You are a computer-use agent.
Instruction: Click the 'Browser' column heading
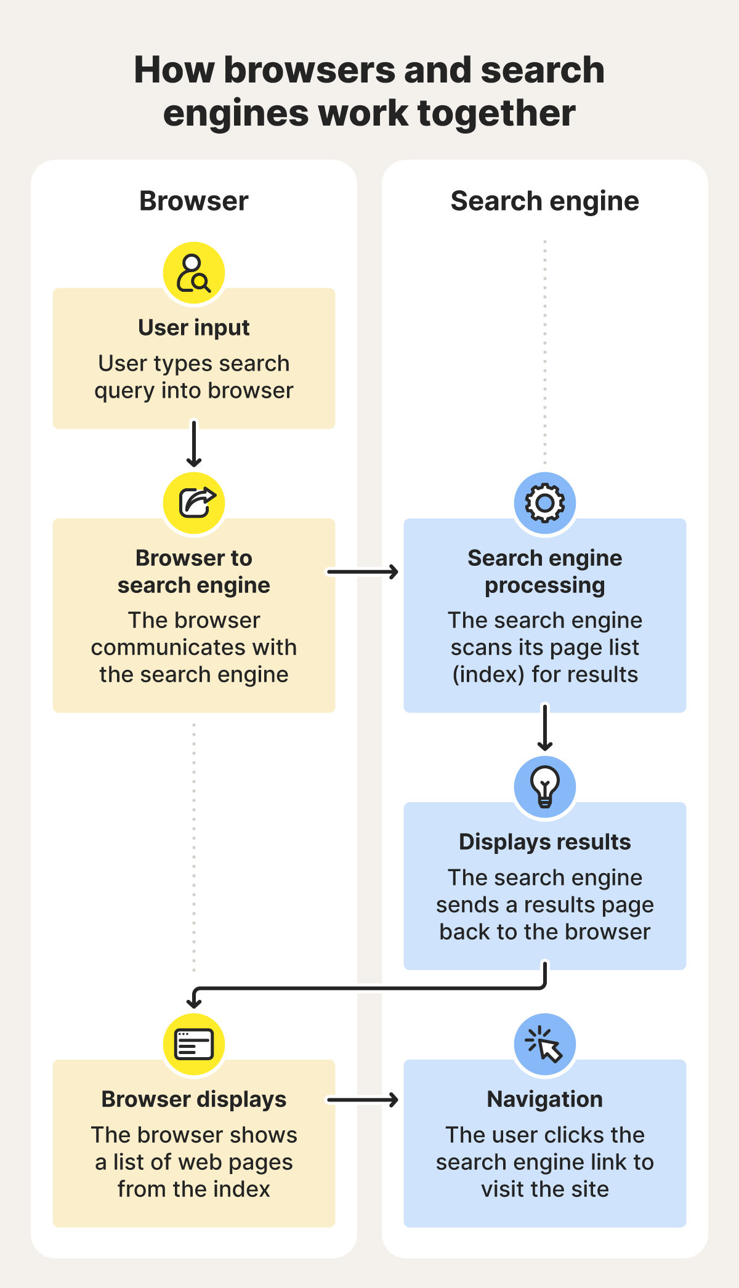click(194, 201)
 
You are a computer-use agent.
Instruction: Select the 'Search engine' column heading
click(544, 201)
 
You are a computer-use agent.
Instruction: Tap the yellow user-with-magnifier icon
click(194, 273)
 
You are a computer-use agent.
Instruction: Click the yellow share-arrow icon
click(194, 503)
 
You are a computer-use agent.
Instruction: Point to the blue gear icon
click(544, 503)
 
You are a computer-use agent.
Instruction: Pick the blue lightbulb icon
click(544, 787)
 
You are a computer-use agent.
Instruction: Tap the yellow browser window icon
click(194, 1044)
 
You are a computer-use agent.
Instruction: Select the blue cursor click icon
click(544, 1044)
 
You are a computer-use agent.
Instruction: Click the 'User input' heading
click(194, 328)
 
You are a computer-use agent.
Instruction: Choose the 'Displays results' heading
click(544, 842)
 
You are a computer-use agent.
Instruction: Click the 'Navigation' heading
click(544, 1099)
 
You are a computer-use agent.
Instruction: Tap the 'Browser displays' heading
click(194, 1099)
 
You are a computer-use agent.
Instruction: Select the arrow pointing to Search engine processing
click(363, 572)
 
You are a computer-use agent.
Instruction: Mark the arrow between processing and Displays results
click(544, 728)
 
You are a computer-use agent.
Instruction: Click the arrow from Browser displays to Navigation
click(363, 1100)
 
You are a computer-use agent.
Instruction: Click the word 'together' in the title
click(496, 113)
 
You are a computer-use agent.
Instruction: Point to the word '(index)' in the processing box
click(488, 675)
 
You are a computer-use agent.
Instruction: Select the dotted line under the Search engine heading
click(544, 351)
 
